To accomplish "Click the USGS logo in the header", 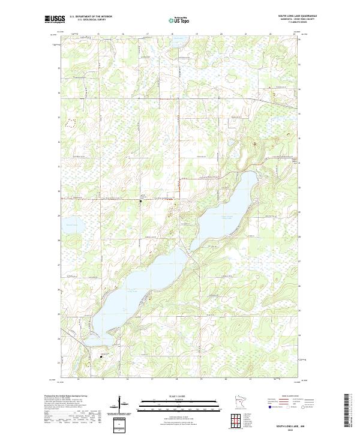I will [x=55, y=19].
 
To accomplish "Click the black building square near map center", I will [x=141, y=201].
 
